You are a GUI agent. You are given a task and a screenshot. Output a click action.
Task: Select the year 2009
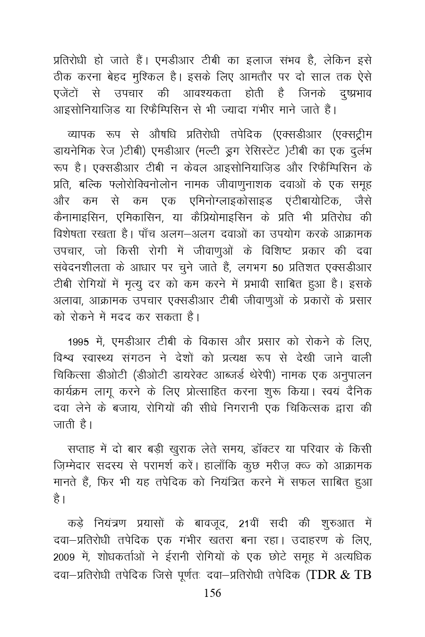coord(64,557)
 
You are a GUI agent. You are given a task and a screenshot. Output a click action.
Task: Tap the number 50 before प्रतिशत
coord(279,268)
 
